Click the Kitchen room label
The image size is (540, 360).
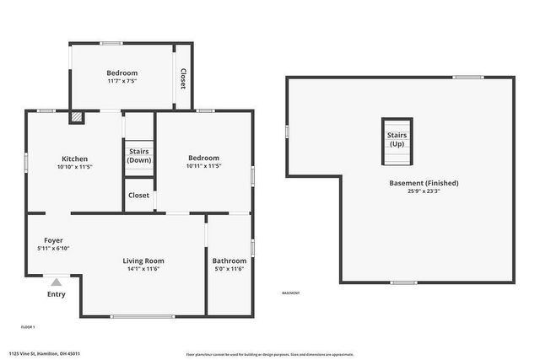(75, 159)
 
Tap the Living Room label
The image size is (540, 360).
(143, 261)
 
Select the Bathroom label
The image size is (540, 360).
(229, 261)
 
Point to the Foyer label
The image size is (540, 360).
(53, 240)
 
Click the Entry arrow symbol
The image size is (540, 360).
(56, 282)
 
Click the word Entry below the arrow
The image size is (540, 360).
(56, 294)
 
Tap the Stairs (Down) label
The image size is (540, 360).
(139, 156)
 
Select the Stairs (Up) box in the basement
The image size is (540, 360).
(397, 139)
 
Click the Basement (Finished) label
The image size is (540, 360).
(424, 183)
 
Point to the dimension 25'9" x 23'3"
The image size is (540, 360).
(424, 191)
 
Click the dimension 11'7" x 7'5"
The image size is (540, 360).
(122, 82)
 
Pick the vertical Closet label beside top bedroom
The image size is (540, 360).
(182, 78)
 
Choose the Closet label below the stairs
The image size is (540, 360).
(138, 195)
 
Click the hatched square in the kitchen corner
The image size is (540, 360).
(77, 118)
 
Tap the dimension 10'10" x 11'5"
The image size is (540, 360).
(75, 167)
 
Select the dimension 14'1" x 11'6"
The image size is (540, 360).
(143, 269)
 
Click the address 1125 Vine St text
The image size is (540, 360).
(51, 354)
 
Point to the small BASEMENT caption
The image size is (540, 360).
(290, 293)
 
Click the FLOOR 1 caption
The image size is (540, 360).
(28, 326)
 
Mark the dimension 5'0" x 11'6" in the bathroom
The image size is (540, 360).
(229, 269)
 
